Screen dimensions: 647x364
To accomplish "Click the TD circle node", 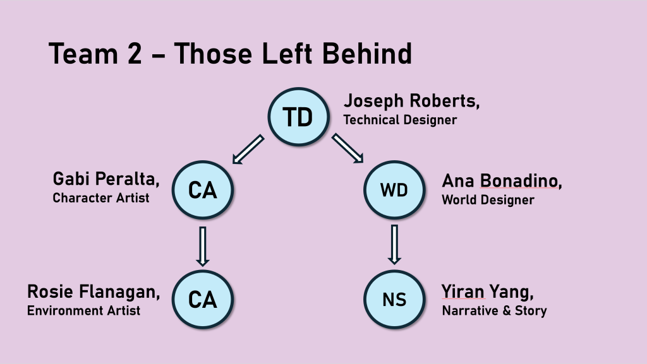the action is pyautogui.click(x=299, y=117).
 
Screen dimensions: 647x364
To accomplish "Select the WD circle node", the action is pyautogui.click(x=394, y=190).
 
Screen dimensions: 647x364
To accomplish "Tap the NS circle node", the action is pyautogui.click(x=394, y=300).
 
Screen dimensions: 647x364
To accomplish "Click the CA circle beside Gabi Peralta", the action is pyautogui.click(x=203, y=190).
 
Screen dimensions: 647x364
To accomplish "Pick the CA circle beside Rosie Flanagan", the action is pyautogui.click(x=203, y=300).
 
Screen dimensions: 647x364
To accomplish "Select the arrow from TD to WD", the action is pyautogui.click(x=348, y=148).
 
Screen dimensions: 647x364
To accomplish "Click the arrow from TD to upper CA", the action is pyautogui.click(x=248, y=149).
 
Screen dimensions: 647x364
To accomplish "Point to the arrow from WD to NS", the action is pyautogui.click(x=394, y=245).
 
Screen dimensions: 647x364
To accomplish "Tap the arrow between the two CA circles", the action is pyautogui.click(x=203, y=246).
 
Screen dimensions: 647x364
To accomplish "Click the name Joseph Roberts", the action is pyautogui.click(x=411, y=101).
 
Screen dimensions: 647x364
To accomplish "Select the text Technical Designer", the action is pyautogui.click(x=400, y=120).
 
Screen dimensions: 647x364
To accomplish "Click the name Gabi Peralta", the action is pyautogui.click(x=106, y=179).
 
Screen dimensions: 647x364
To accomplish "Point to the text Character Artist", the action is pyautogui.click(x=100, y=197).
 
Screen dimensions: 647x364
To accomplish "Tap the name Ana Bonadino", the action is pyautogui.click(x=502, y=181).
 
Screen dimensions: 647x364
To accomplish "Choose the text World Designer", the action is pyautogui.click(x=488, y=200).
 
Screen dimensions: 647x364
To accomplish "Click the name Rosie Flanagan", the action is pyautogui.click(x=94, y=291).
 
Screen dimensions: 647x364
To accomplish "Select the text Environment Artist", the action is pyautogui.click(x=84, y=310).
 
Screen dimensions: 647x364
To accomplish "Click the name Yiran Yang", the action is pyautogui.click(x=488, y=291).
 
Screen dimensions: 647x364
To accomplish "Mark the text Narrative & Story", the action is pyautogui.click(x=494, y=310).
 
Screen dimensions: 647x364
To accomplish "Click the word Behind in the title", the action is pyautogui.click(x=367, y=54).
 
